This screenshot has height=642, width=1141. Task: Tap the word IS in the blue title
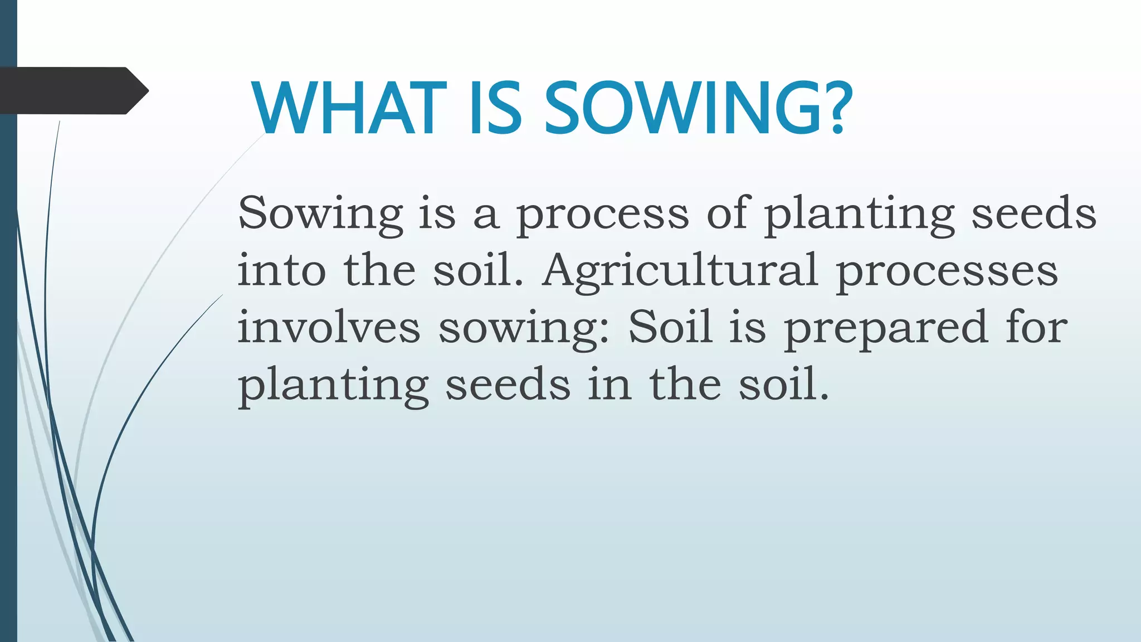[496, 108]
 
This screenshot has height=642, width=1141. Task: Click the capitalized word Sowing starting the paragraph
[320, 215]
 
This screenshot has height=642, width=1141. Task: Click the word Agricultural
[680, 272]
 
